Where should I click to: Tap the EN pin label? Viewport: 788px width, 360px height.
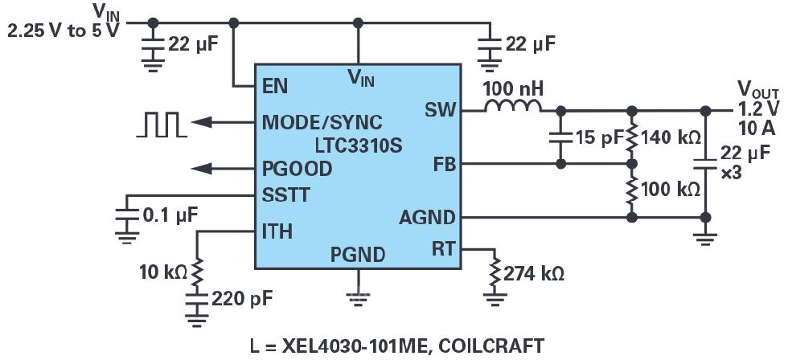275,85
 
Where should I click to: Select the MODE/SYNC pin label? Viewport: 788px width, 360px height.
322,123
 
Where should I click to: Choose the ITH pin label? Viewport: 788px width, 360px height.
277,232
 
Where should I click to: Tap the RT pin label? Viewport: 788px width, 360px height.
442,247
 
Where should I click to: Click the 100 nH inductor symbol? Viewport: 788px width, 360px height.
511,108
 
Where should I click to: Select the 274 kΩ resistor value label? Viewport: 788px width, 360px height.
533,273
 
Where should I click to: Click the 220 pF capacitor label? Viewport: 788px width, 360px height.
241,299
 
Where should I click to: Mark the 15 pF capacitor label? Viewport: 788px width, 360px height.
599,137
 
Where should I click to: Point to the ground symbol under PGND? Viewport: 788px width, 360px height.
358,297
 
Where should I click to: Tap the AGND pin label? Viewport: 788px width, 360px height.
426,218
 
